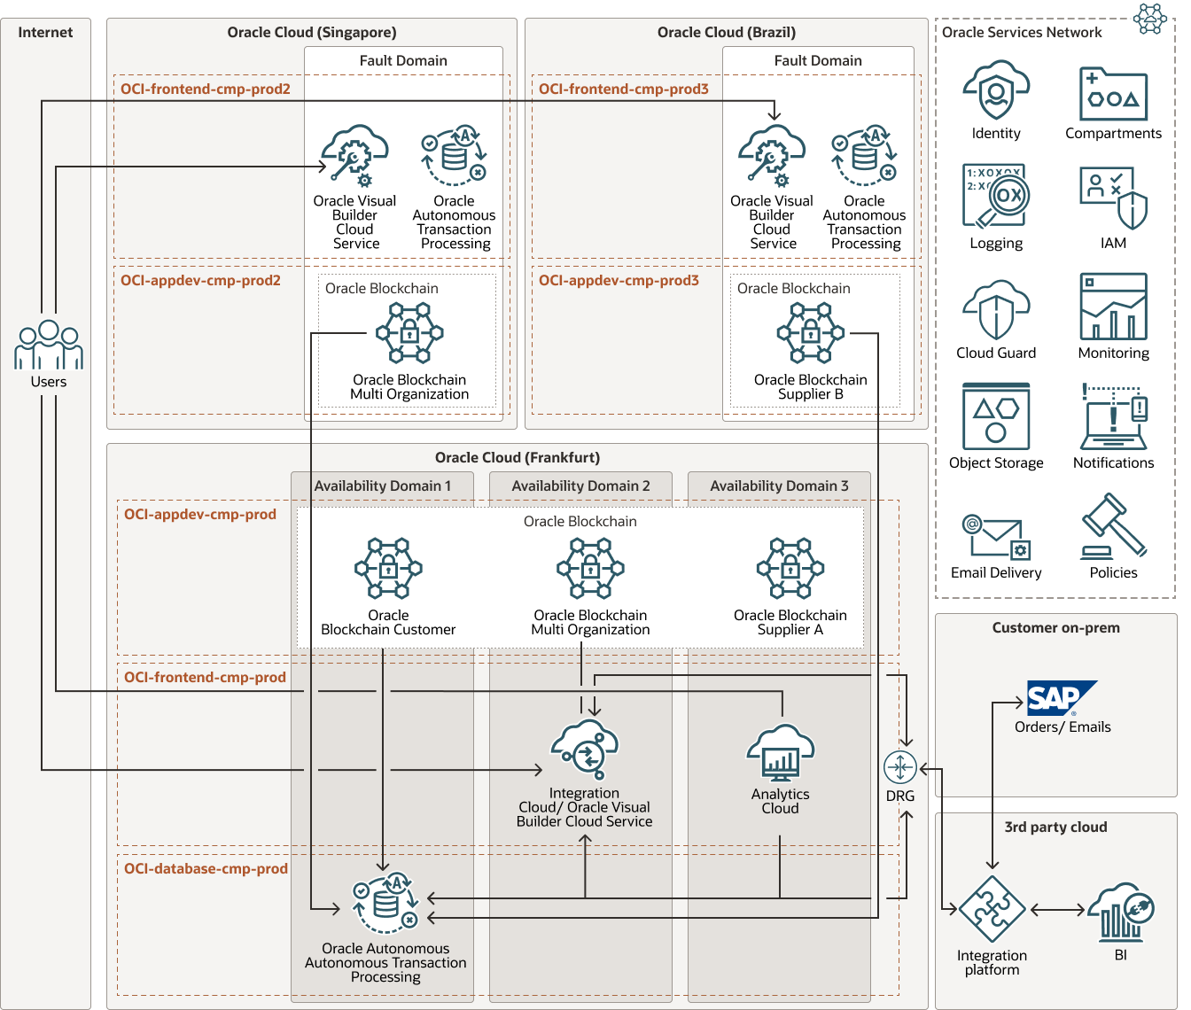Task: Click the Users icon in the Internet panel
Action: tap(49, 345)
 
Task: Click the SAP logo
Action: tap(1061, 698)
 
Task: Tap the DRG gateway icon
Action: tap(900, 767)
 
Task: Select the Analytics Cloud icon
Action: tap(780, 753)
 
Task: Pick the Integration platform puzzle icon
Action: tap(992, 910)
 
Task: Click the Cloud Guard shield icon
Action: tap(996, 310)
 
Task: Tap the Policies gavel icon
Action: tap(1113, 527)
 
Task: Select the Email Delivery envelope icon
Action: tap(996, 536)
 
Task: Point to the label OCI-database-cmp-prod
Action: tap(206, 868)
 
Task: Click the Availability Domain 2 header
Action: tap(580, 486)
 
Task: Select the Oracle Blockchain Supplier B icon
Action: tap(810, 333)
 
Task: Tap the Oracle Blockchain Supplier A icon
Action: tap(790, 569)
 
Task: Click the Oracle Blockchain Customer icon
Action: tap(388, 569)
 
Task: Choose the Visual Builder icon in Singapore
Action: tap(354, 156)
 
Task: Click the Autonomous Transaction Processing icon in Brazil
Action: tap(864, 156)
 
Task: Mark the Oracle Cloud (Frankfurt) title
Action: tap(517, 457)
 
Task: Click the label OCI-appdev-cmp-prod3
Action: tap(619, 280)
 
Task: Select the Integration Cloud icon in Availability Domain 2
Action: tap(584, 750)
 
